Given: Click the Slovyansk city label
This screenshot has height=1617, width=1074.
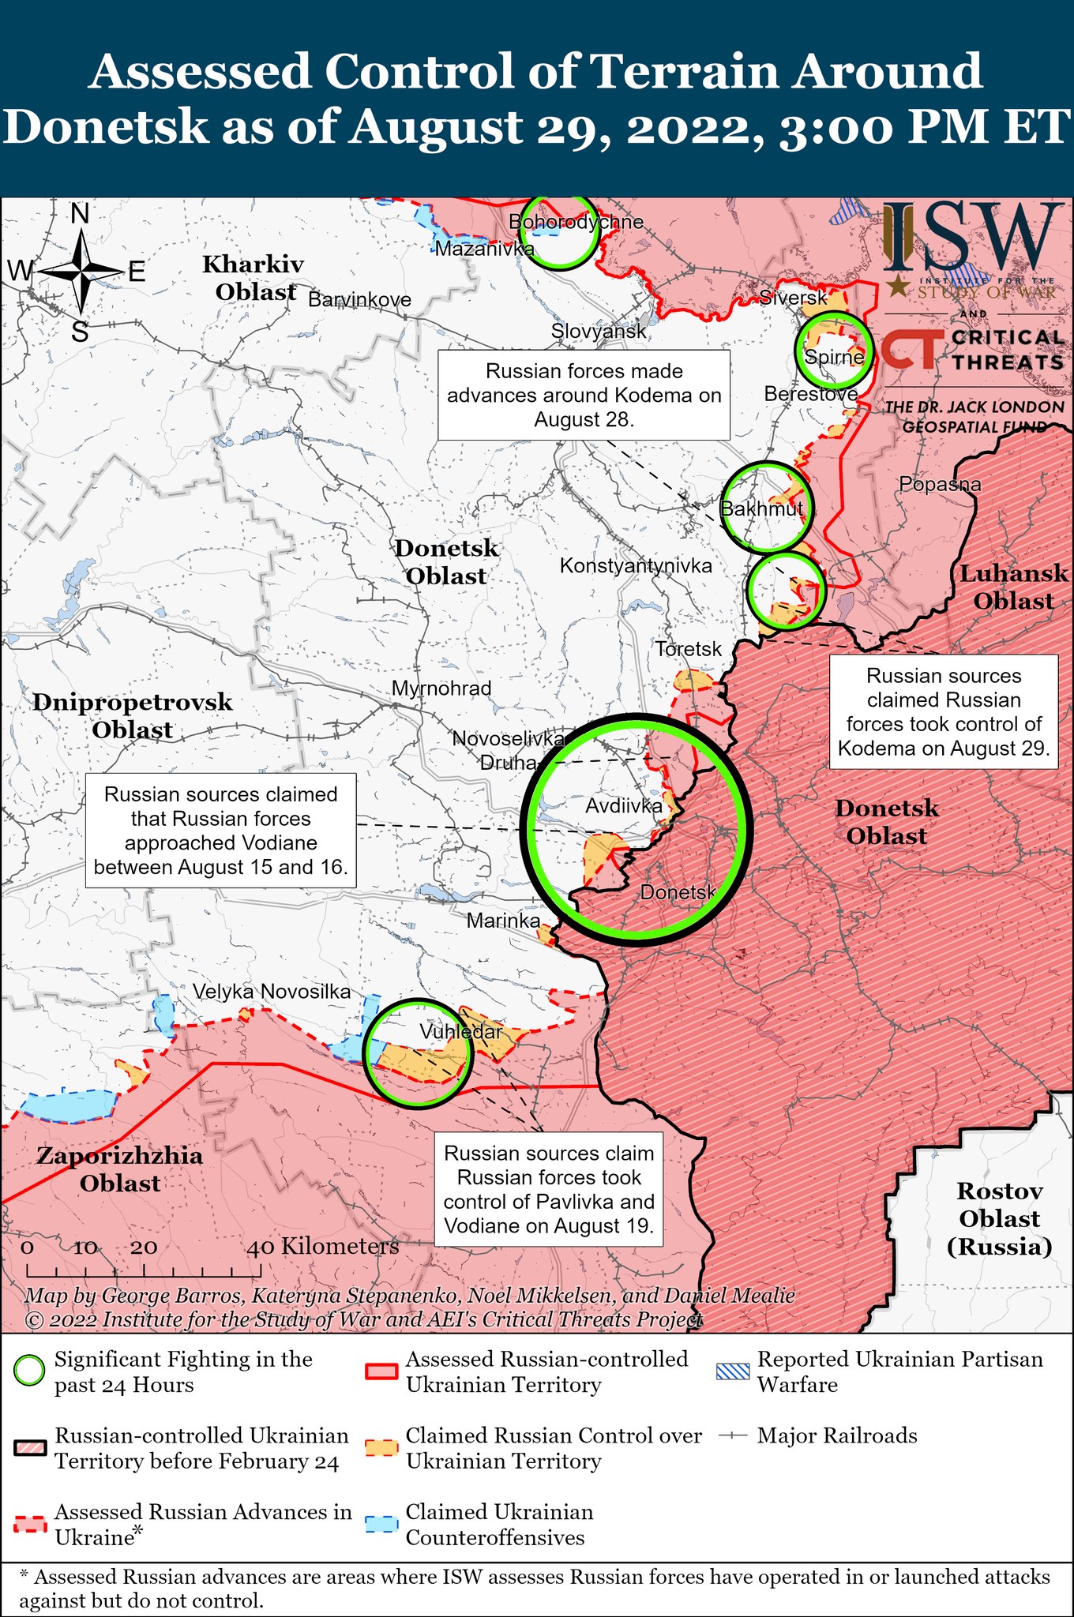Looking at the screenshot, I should pyautogui.click(x=599, y=332).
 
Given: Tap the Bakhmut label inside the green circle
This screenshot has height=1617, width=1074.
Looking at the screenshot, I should pyautogui.click(x=762, y=508).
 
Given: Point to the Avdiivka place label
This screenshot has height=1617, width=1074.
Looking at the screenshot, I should pyautogui.click(x=624, y=806).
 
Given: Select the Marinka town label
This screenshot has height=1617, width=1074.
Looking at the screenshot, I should pyautogui.click(x=503, y=921).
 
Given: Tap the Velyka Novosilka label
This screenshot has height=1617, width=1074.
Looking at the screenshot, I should pyautogui.click(x=272, y=992).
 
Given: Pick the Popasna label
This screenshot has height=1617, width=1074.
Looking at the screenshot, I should pyautogui.click(x=940, y=485).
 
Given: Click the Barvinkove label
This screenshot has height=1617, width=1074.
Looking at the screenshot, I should pyautogui.click(x=359, y=300).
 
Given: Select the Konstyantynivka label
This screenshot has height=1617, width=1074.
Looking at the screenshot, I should pyautogui.click(x=636, y=565).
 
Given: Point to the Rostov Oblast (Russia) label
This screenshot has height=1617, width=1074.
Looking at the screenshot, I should pyautogui.click(x=1000, y=1218).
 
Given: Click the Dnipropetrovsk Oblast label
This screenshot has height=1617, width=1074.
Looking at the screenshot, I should pyautogui.click(x=133, y=715).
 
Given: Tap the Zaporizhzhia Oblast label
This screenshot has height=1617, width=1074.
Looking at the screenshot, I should pyautogui.click(x=120, y=1169).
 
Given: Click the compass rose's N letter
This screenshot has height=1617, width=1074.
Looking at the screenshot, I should pyautogui.click(x=80, y=214).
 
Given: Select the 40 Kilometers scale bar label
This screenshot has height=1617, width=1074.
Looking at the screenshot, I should pyautogui.click(x=324, y=1247).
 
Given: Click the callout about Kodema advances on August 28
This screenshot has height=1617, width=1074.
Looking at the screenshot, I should pyautogui.click(x=584, y=395).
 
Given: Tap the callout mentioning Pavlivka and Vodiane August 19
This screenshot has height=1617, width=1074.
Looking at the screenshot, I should pyautogui.click(x=549, y=1189).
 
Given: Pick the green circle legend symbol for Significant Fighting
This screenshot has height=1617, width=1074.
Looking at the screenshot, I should pyautogui.click(x=30, y=1371).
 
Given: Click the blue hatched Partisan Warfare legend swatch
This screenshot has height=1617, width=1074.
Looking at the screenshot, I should pyautogui.click(x=732, y=1371).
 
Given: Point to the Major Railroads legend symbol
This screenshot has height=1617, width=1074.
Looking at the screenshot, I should pyautogui.click(x=732, y=1435).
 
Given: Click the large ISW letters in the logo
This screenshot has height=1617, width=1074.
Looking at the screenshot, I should pyautogui.click(x=972, y=236).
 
